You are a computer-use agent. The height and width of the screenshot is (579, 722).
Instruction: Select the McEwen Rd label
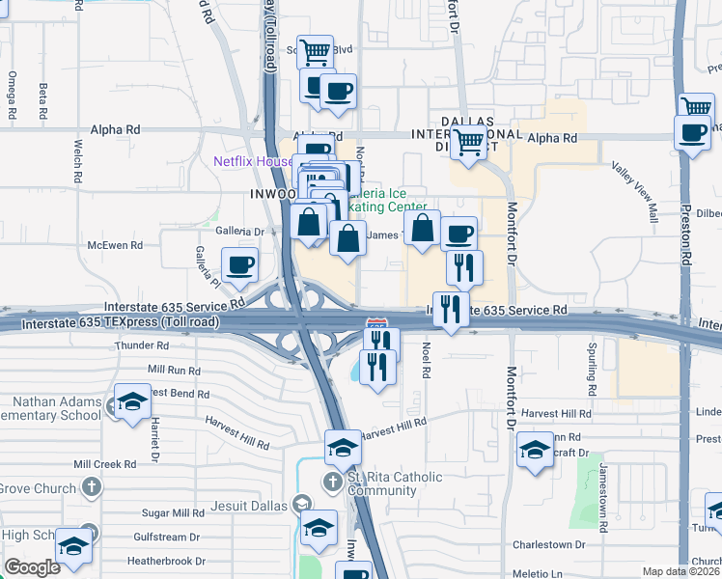click(115, 245)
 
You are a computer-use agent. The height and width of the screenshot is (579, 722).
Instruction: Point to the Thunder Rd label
click(141, 345)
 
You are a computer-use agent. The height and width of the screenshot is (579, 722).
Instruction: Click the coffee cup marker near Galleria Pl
click(240, 264)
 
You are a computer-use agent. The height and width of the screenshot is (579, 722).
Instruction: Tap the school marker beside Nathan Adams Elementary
click(132, 400)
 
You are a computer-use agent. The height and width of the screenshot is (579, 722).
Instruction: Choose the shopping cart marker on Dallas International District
click(469, 143)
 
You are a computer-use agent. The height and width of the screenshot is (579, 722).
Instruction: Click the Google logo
click(32, 567)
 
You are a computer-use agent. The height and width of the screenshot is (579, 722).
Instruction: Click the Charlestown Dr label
click(550, 543)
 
